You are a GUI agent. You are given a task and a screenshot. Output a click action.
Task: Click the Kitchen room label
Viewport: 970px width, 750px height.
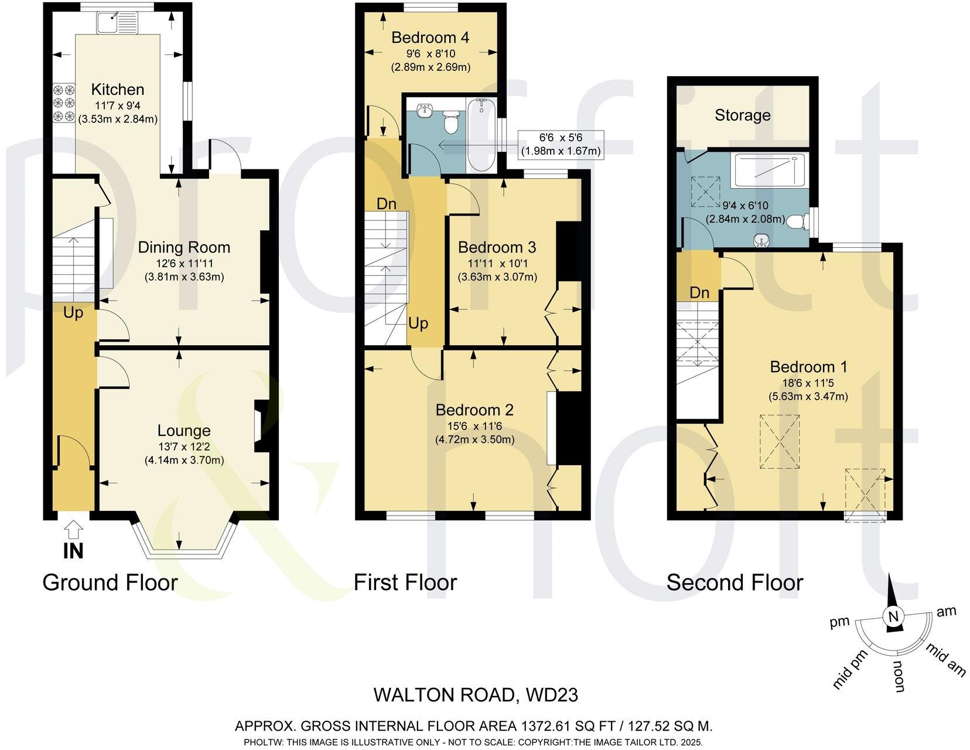[x=117, y=90]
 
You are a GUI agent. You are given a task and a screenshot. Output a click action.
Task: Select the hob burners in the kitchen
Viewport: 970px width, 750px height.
[x=64, y=104]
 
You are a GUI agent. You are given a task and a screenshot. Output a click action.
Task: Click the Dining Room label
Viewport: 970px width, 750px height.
[x=184, y=247]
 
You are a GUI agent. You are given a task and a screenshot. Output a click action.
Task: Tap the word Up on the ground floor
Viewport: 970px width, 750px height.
[x=73, y=313]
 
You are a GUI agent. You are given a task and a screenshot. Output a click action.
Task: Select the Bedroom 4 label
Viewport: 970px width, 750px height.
[x=430, y=38]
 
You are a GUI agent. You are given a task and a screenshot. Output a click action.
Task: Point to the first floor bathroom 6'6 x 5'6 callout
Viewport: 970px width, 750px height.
[x=561, y=145]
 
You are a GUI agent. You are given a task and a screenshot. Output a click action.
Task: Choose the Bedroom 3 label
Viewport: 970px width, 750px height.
[x=497, y=247]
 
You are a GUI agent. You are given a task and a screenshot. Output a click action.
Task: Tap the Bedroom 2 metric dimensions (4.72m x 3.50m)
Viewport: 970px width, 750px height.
[x=474, y=439]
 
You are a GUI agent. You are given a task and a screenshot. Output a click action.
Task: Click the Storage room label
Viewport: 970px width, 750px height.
[x=742, y=115]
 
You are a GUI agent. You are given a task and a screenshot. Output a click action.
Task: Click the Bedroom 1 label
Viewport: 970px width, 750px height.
[x=808, y=367]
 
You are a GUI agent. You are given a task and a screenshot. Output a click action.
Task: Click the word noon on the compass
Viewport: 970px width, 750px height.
[x=899, y=677]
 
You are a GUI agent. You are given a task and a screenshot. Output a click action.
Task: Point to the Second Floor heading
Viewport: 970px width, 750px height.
[x=735, y=582]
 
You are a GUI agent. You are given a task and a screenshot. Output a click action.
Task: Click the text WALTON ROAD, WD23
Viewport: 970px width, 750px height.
[x=476, y=695]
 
